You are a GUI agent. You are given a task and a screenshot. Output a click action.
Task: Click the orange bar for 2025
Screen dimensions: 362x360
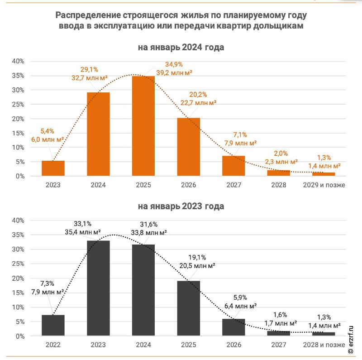143,126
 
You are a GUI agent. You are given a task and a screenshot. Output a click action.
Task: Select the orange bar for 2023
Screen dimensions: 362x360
53,168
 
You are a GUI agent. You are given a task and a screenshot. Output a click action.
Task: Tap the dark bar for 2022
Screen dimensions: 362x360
53,325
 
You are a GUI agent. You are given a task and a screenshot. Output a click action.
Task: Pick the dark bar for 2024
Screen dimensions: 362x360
143,290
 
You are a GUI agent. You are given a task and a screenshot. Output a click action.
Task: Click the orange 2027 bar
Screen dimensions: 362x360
233,166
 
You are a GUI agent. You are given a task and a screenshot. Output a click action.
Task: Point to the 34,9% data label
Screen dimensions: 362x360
174,64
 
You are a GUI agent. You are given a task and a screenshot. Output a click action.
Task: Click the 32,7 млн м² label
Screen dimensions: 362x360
90,77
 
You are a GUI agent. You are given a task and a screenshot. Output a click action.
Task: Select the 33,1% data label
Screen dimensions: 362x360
83,224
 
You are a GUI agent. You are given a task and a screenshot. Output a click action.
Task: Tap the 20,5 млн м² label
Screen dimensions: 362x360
197,266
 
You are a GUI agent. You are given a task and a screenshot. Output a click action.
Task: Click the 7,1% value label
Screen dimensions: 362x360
240,134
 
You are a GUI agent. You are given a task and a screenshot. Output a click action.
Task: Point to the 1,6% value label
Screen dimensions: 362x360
280,315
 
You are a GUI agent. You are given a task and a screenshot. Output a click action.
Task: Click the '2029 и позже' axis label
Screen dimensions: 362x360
324,185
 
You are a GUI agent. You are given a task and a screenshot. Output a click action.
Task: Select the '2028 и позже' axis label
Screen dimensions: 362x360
324,345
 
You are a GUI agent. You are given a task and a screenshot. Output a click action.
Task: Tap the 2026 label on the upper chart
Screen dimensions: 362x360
188,185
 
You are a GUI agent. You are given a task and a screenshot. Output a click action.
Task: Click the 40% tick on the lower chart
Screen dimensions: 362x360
18,221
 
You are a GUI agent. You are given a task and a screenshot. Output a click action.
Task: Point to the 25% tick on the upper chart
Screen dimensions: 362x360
18,105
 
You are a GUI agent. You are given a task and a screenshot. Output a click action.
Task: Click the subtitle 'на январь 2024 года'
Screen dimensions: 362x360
181,47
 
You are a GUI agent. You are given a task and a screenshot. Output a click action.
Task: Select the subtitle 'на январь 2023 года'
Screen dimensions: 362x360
181,206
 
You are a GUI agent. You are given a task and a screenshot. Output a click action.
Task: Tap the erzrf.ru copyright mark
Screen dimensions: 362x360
351,340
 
